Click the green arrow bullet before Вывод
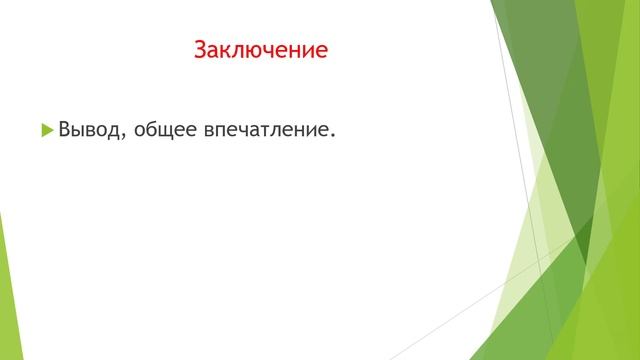point(47,129)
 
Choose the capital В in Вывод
point(65,129)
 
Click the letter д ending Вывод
point(116,130)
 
